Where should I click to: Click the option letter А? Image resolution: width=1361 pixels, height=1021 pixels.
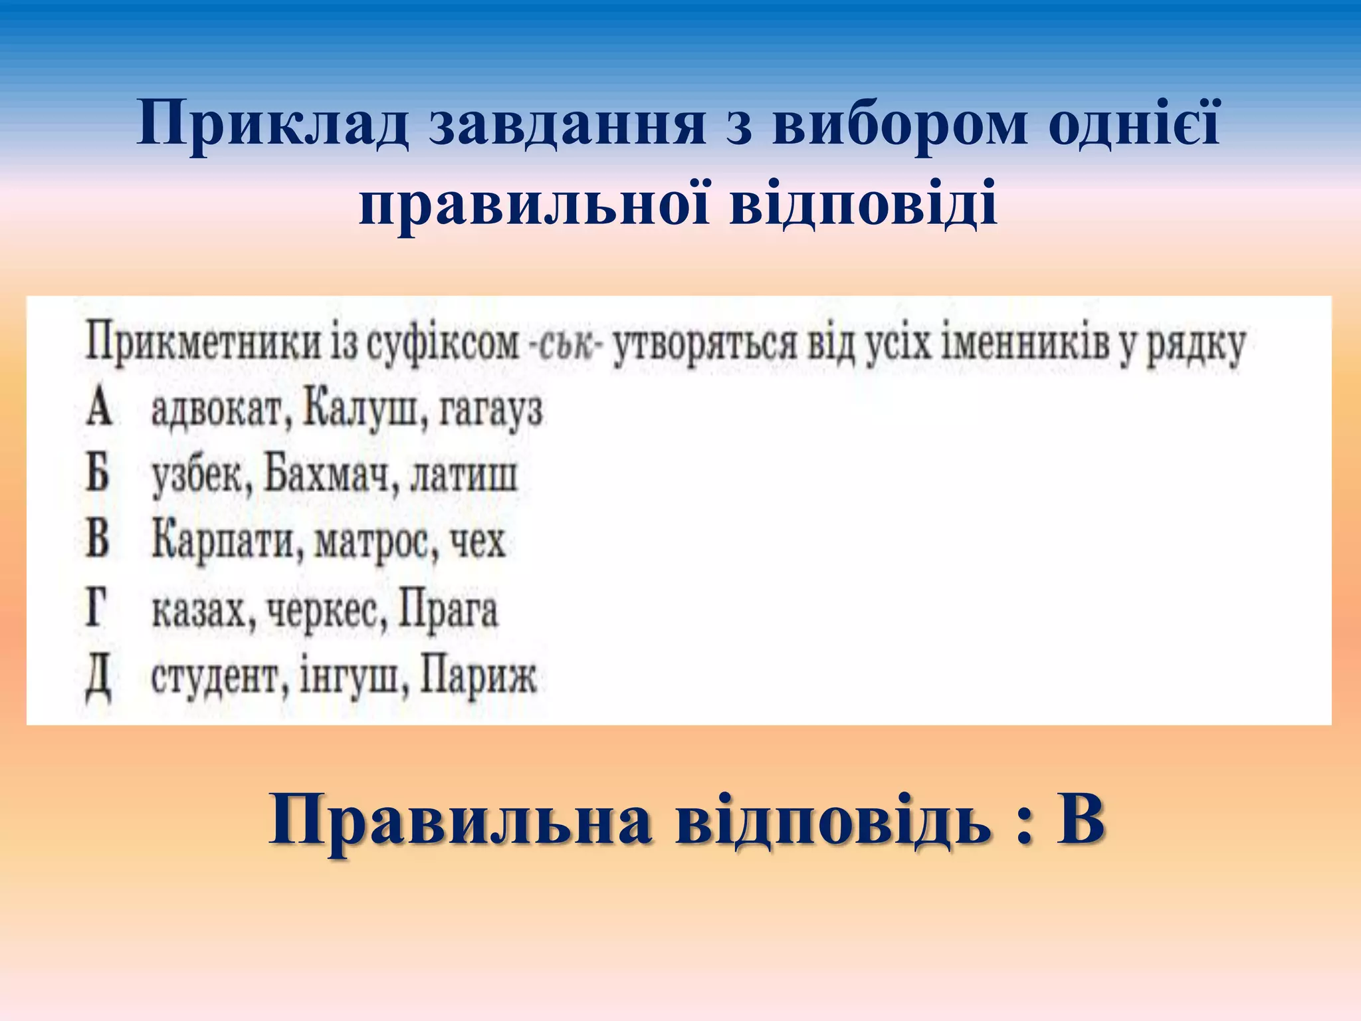tap(99, 407)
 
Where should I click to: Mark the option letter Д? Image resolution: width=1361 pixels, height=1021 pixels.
tap(98, 678)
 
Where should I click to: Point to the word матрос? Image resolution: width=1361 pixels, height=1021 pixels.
tap(376, 542)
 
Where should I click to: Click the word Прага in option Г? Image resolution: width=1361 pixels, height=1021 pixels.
tap(447, 610)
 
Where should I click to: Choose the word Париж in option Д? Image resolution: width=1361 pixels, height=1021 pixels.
tap(478, 677)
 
